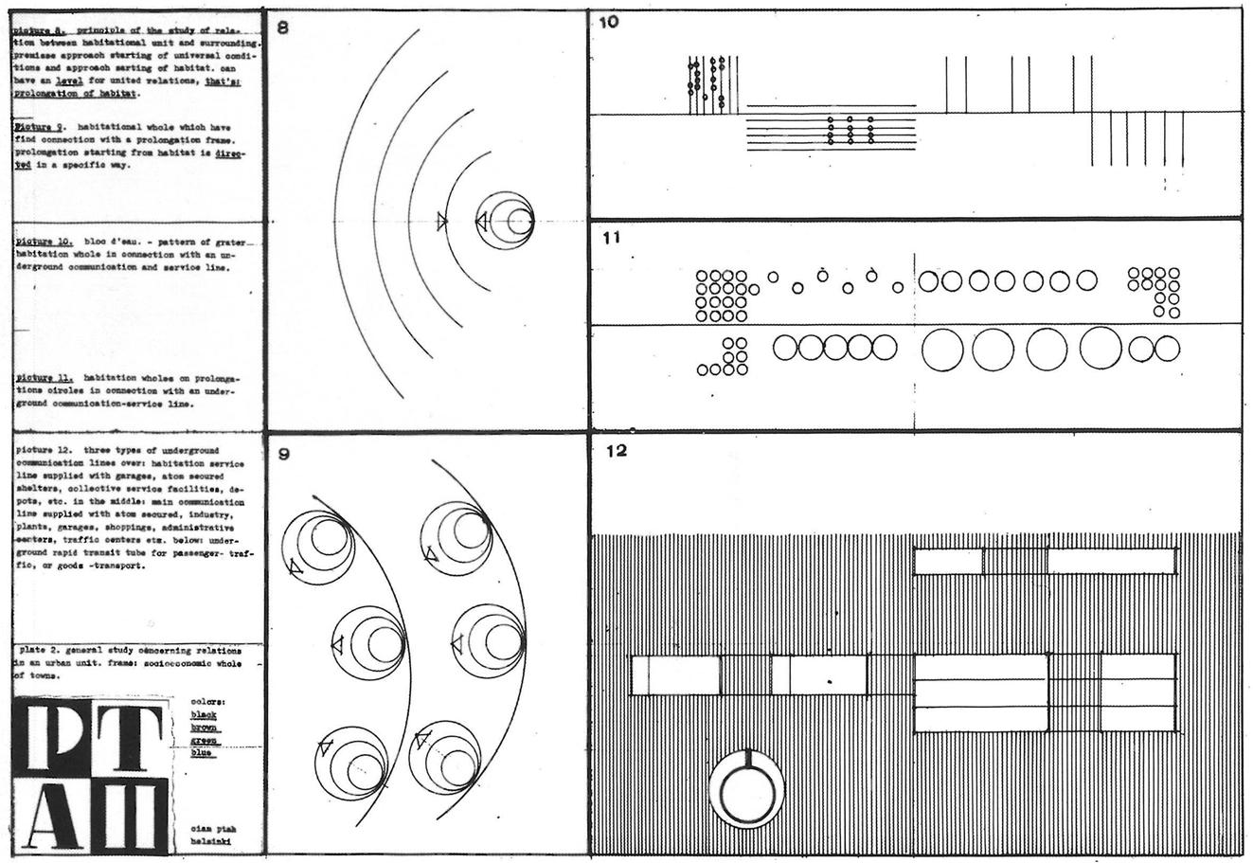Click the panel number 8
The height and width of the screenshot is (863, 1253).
pyautogui.click(x=282, y=28)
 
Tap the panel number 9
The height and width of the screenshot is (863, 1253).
pyautogui.click(x=283, y=454)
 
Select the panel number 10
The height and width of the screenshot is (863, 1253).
pyautogui.click(x=609, y=22)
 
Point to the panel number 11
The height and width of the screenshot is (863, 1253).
pyautogui.click(x=611, y=238)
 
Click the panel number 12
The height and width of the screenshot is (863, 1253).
pyautogui.click(x=616, y=451)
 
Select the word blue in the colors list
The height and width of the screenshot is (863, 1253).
pyautogui.click(x=202, y=753)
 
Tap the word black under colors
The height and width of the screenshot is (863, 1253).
pyautogui.click(x=204, y=715)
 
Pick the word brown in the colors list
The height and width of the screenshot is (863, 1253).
pyautogui.click(x=204, y=728)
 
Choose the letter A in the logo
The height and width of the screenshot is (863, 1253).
pyautogui.click(x=55, y=812)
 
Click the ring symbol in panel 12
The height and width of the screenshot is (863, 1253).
pyautogui.click(x=747, y=788)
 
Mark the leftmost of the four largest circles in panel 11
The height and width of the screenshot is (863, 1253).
pyautogui.click(x=942, y=349)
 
